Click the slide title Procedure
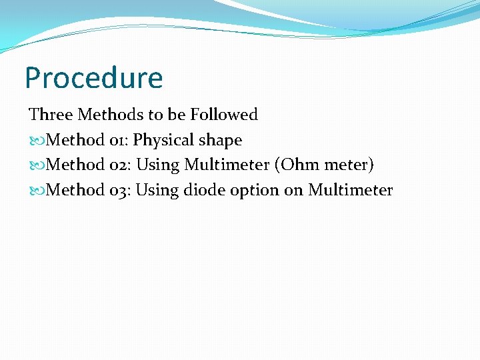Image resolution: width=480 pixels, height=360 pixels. (93, 79)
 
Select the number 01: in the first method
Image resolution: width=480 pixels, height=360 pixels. (118, 140)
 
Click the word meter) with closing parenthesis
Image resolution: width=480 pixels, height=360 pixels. (349, 165)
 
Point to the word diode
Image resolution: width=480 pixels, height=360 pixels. (204, 191)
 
